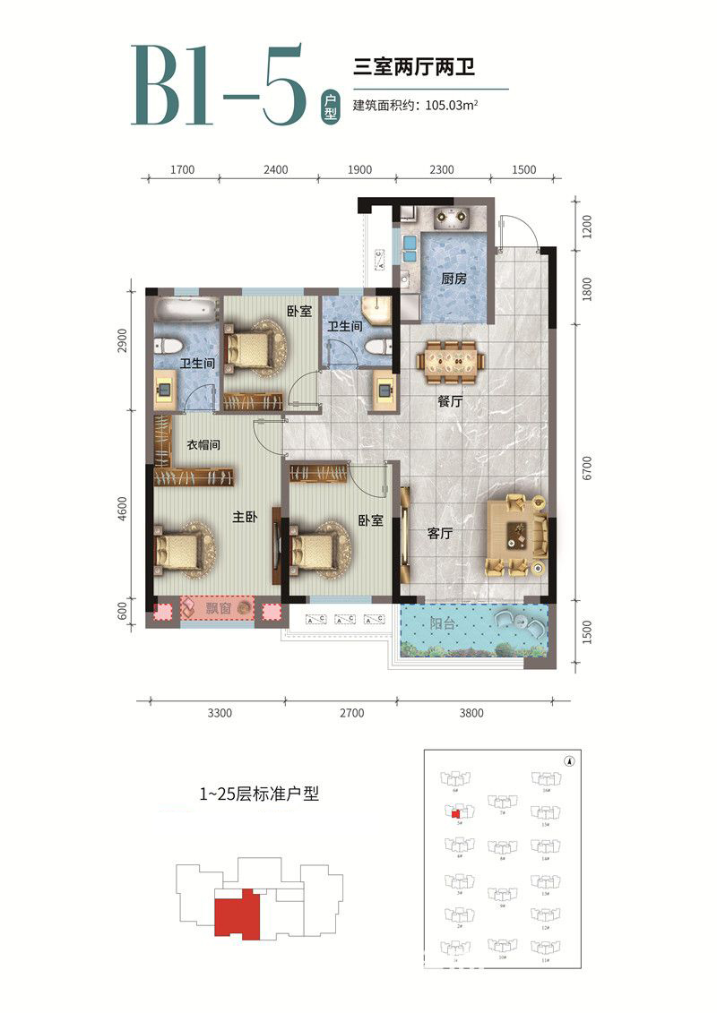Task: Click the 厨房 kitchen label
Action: point(454,279)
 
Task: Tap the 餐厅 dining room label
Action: point(450,403)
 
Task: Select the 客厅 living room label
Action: point(439,534)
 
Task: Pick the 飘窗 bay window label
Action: point(219,611)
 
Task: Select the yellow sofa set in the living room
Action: point(517,536)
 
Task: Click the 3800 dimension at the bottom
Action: point(471,714)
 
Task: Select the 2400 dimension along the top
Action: point(276,169)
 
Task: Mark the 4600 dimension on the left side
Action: point(125,514)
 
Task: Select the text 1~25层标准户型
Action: point(259,794)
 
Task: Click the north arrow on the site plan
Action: point(568,762)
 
